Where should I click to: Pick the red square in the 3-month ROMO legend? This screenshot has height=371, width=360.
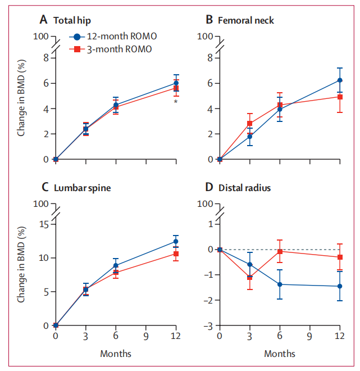[x=79, y=49]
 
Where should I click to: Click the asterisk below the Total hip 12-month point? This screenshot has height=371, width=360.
[x=176, y=102]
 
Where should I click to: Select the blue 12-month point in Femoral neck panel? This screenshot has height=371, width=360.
[x=340, y=80]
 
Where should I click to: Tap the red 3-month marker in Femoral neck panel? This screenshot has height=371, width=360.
[x=249, y=124]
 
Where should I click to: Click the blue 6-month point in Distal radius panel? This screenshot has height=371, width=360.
[x=280, y=284]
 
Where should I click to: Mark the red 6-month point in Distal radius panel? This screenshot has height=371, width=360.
[x=280, y=251]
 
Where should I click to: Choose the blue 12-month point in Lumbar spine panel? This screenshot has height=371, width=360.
[x=176, y=242]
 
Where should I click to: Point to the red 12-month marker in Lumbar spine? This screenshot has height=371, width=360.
[x=176, y=254]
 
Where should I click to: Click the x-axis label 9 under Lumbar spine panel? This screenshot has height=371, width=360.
[x=146, y=336]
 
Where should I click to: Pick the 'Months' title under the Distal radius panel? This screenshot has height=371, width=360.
[x=279, y=354]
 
